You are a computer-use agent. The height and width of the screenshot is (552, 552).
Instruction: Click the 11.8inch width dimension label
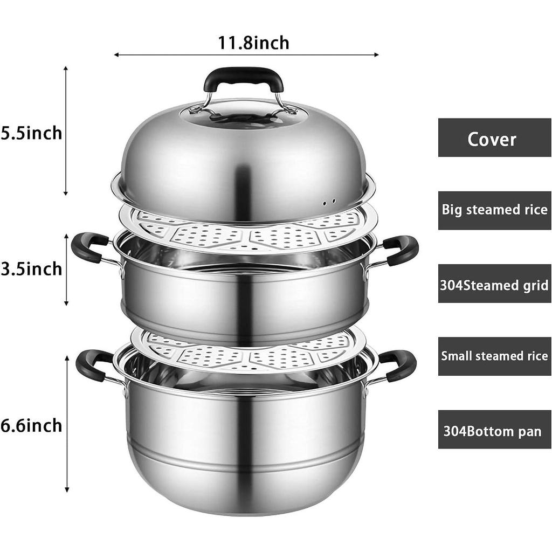[x=253, y=43]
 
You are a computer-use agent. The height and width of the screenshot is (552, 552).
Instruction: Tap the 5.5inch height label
[x=31, y=134]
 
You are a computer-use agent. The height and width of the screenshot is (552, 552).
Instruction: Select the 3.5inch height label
[x=31, y=269]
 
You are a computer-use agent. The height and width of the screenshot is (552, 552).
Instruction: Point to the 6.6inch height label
[x=31, y=426]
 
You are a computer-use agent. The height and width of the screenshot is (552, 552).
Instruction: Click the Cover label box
[x=494, y=137]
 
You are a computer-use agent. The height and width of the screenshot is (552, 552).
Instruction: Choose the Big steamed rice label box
[x=494, y=211]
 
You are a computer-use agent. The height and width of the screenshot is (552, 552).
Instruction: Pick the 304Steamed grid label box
[x=494, y=284]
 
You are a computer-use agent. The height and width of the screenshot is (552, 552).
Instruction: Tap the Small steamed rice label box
[x=494, y=356]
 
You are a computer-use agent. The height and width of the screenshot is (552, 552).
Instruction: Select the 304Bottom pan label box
[x=494, y=430]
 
